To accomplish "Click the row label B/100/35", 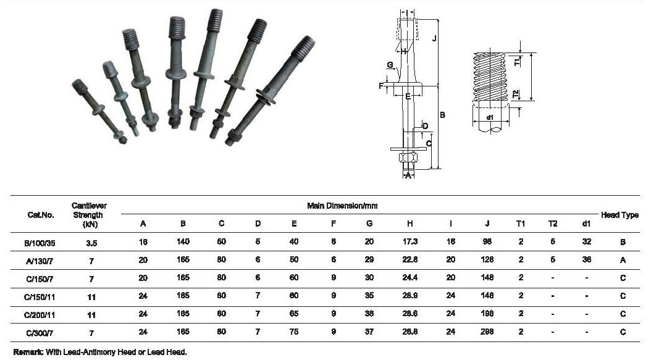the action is pos(40,243).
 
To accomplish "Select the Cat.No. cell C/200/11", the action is pos(40,315).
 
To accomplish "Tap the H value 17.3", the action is pos(409,241).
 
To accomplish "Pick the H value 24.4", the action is pos(409,277).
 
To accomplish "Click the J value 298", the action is pos(487,332).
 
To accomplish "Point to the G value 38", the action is pos(369,314).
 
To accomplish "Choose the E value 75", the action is pos(294,332).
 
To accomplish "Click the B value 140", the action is pos(183,241).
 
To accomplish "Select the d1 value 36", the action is pos(586,259).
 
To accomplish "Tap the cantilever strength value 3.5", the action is pos(91,243).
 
